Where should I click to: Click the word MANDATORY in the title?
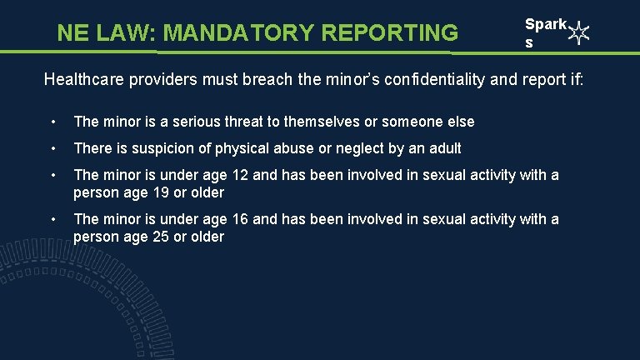pos(238,32)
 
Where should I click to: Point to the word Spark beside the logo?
pos(545,25)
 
